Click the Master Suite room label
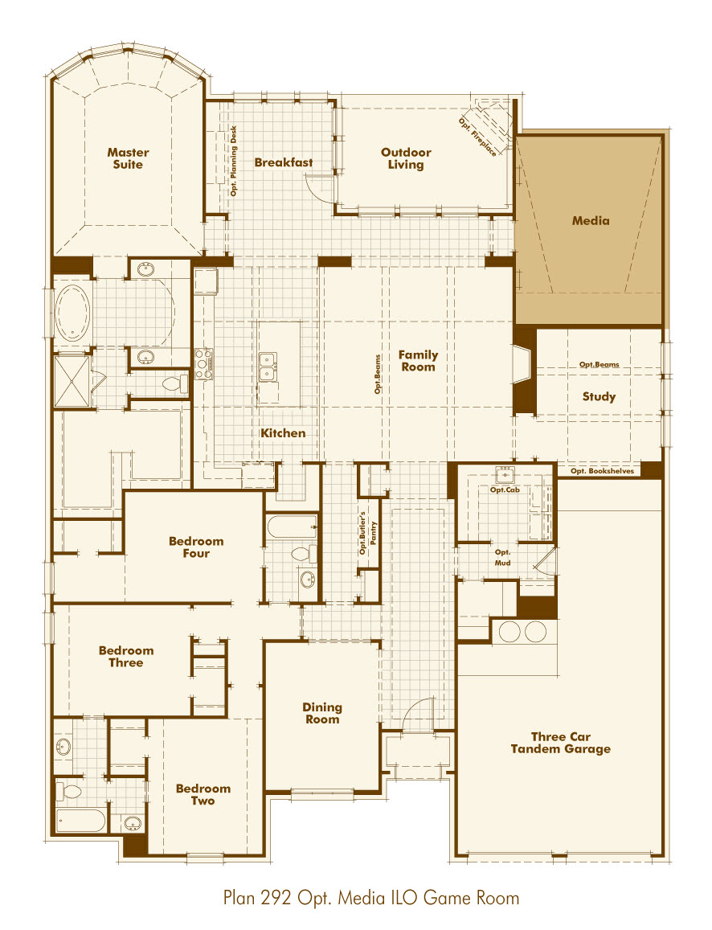(128, 158)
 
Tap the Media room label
(591, 220)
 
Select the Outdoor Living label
(406, 158)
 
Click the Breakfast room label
(284, 162)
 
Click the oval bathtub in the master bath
(74, 312)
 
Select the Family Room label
(418, 361)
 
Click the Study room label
(599, 396)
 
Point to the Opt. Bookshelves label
(602, 471)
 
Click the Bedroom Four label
(196, 547)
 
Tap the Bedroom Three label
(126, 657)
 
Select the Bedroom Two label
(203, 794)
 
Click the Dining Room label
(322, 714)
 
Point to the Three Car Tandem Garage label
(560, 743)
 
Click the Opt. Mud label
(503, 558)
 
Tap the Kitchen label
(283, 433)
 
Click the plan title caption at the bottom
(371, 898)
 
